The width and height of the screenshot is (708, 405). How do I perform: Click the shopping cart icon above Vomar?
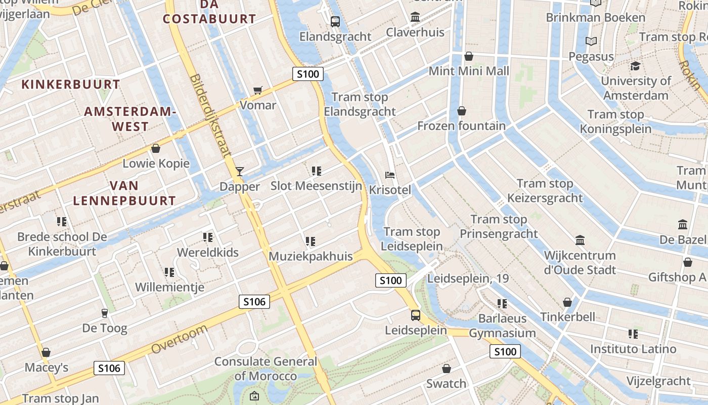(258, 91)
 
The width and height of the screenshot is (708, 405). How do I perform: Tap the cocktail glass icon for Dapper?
(240, 171)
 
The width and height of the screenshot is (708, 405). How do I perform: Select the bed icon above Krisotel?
(390, 175)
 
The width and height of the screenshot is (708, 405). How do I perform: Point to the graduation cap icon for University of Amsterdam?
(635, 66)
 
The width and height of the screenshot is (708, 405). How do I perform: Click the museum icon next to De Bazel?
(683, 224)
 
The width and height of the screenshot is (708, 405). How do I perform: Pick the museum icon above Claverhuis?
(415, 17)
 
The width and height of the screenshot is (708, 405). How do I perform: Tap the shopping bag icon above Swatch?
(446, 369)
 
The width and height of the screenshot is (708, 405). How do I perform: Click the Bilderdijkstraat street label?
(211, 116)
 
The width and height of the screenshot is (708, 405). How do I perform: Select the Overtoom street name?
(180, 339)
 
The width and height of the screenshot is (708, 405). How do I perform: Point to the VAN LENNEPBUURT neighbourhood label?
(124, 193)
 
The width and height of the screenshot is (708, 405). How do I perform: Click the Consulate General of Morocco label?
(265, 369)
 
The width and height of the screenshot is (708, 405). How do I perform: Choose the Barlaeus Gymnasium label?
(502, 326)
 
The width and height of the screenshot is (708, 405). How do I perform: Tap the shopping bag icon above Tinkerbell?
(567, 302)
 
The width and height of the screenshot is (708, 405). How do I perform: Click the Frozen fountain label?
(461, 126)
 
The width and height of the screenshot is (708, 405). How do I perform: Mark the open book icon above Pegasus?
(591, 42)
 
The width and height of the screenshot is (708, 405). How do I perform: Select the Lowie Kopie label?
(156, 164)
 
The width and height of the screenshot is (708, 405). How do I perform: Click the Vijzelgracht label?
(658, 381)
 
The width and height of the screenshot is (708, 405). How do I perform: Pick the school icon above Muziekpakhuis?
(311, 241)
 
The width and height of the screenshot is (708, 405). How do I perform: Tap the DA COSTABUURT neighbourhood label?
(209, 12)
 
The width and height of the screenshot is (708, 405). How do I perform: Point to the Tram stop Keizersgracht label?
(545, 191)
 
